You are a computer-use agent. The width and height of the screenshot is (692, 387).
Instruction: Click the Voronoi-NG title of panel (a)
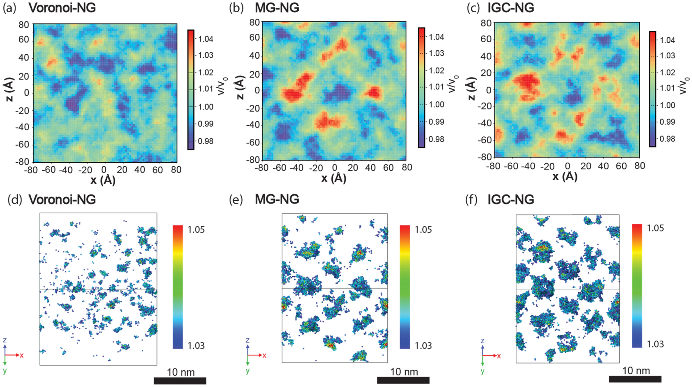pos(62,8)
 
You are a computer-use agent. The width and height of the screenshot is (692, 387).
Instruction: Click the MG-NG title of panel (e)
pos(277,199)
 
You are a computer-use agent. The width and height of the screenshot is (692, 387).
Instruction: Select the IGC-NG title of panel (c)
pos(510,8)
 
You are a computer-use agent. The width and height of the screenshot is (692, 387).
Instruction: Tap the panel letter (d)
pos(15,199)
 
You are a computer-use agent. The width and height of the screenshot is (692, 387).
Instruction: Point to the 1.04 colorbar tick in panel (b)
pos(436,37)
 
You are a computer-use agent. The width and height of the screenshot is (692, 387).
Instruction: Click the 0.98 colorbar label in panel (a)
pos(206,141)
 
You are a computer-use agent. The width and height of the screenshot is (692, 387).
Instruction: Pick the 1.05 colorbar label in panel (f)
pos(655,228)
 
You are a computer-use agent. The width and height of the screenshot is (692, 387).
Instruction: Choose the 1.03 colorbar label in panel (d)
pos(196,345)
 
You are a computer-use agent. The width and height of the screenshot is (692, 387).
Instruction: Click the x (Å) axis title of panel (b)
pos(333,178)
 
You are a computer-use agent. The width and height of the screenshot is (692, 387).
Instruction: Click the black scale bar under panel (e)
pos(403,380)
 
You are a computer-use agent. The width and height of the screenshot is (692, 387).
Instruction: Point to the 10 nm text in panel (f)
pos(636,370)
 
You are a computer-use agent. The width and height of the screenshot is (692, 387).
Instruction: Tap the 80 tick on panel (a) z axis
pos(24,25)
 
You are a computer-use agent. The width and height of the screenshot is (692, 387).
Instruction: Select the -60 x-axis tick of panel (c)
pos(511,166)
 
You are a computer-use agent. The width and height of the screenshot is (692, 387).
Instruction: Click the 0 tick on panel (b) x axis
pos(334,167)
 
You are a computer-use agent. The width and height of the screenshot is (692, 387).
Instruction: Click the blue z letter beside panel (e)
pos(247,340)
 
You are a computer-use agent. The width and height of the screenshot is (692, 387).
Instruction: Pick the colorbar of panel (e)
pos(404,287)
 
